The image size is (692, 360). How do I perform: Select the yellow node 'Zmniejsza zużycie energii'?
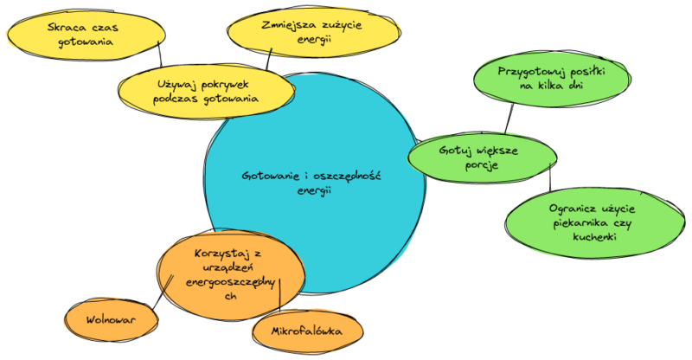313,33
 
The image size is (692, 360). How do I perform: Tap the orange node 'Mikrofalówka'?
307,331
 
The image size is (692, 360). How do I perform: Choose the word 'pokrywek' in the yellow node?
222,85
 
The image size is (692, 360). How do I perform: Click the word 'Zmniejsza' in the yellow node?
288,25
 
